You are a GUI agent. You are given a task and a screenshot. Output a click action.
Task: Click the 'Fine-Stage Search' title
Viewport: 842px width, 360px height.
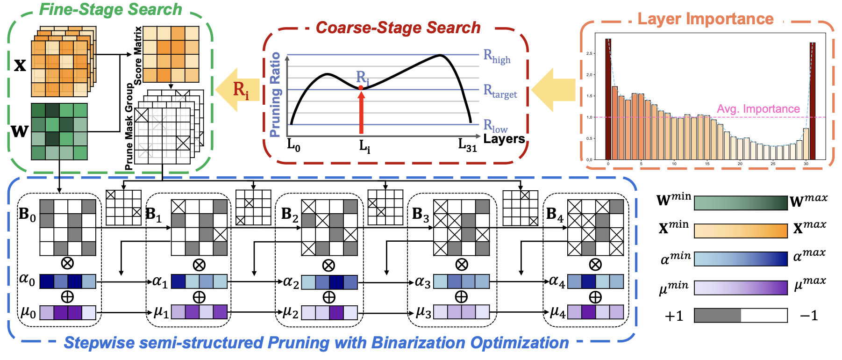click(x=110, y=9)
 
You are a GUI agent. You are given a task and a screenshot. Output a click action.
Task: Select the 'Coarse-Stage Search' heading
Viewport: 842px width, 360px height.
click(x=398, y=28)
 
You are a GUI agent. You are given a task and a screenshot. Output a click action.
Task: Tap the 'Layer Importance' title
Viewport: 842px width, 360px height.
click(x=705, y=19)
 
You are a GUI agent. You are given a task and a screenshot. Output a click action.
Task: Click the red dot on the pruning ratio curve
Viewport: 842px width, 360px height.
click(x=361, y=87)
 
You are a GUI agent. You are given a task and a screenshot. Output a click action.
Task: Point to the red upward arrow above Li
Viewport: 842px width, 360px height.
click(x=361, y=112)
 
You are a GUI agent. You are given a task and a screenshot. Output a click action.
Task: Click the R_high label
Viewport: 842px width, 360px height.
click(x=497, y=57)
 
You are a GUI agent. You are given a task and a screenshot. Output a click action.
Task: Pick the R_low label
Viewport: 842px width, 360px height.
click(x=495, y=126)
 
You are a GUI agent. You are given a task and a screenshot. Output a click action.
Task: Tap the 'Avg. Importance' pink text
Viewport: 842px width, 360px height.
click(x=758, y=109)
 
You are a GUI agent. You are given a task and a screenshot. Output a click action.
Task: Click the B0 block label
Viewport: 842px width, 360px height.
click(x=27, y=215)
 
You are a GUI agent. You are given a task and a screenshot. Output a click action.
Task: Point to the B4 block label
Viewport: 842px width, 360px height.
click(x=555, y=215)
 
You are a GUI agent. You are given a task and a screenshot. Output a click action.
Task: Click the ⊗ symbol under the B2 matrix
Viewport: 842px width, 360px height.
click(x=329, y=266)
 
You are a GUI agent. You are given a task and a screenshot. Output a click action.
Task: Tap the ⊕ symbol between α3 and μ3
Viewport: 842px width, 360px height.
click(x=461, y=297)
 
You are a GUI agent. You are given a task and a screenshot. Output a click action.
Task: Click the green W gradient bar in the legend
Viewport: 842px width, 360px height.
click(x=741, y=203)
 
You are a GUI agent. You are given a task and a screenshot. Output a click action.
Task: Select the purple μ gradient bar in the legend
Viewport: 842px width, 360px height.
click(x=741, y=288)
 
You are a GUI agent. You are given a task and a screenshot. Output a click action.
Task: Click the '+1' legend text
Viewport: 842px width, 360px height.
click(x=674, y=317)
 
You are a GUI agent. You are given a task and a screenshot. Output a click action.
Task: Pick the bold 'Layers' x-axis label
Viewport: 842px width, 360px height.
click(x=504, y=139)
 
